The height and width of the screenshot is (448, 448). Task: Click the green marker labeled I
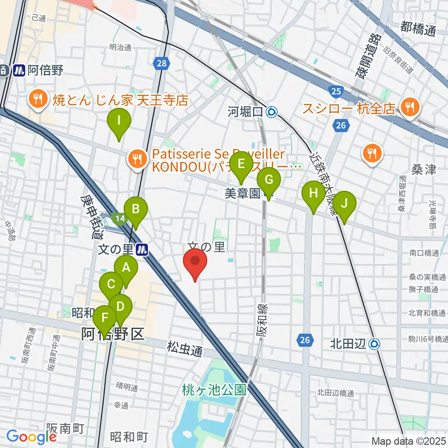(119, 122)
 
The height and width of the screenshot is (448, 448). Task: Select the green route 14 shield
(119, 217)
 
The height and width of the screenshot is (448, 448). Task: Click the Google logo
(31, 436)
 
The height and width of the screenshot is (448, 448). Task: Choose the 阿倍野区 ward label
(112, 334)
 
